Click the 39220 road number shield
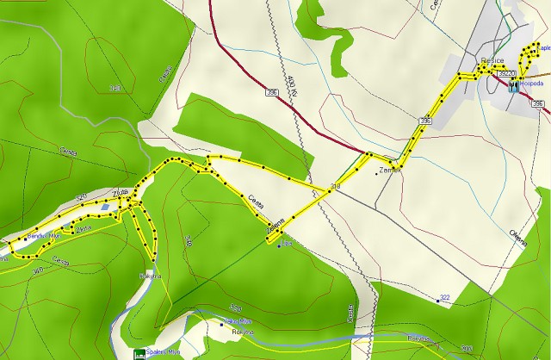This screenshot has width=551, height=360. [x=506, y=74]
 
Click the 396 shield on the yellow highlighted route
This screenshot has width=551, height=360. [x=424, y=122]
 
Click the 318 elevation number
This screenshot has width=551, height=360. [x=336, y=186]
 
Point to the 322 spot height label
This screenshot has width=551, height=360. [x=445, y=298]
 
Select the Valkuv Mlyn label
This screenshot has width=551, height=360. [x=238, y=320]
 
